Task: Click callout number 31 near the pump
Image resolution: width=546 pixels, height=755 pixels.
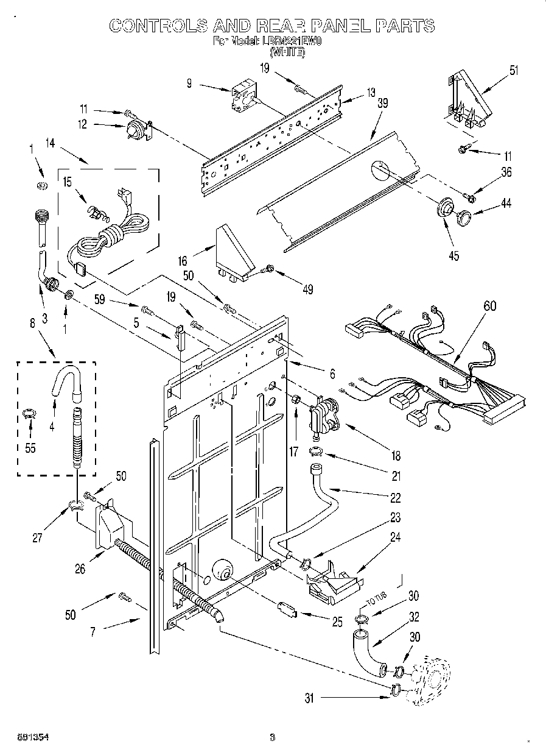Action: pos(309,699)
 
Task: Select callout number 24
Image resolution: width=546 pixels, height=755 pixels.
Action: pos(396,538)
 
